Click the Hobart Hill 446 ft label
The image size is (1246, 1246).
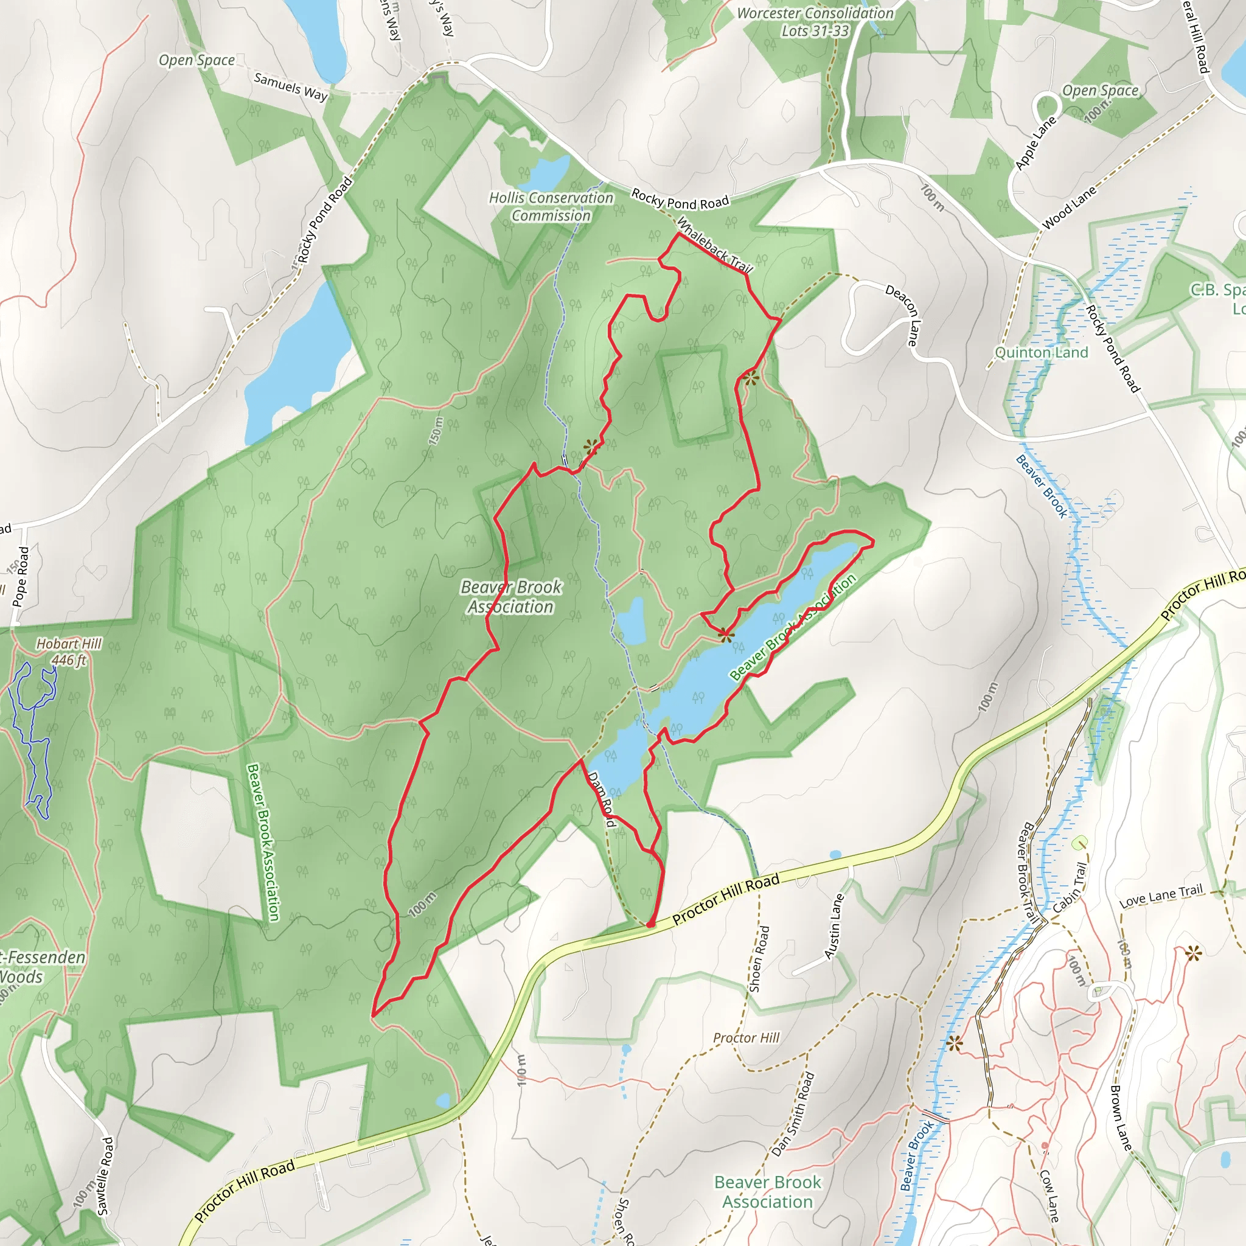coord(69,652)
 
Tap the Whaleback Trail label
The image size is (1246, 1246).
coord(715,245)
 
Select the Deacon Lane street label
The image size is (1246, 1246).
coord(902,315)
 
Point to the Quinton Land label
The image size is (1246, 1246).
coord(1041,353)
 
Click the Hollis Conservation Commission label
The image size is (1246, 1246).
coord(551,207)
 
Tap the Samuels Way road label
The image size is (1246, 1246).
coord(290,86)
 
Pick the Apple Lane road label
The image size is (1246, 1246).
coord(1035,142)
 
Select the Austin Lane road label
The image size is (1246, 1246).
coord(835,926)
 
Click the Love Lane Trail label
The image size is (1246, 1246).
coord(1161,896)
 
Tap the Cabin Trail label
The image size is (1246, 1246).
coord(1071,888)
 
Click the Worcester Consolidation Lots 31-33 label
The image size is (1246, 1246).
coord(815,22)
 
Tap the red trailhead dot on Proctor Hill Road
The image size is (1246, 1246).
coord(651,925)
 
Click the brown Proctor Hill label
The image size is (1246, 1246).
coord(746,1038)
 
